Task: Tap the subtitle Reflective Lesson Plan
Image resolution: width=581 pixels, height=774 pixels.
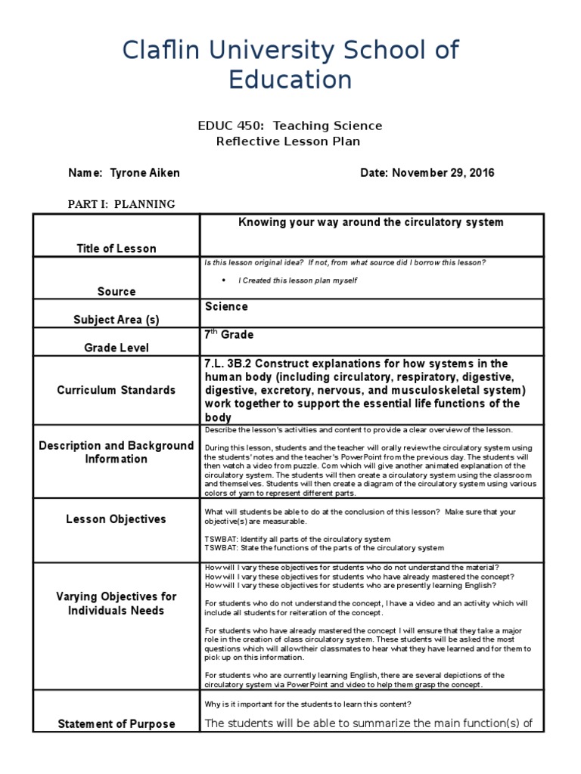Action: [x=289, y=141]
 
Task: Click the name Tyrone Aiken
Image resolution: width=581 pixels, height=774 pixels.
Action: [x=145, y=173]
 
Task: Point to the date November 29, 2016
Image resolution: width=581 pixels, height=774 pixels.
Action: [x=443, y=173]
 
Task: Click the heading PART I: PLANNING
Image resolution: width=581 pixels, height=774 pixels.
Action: [x=122, y=204]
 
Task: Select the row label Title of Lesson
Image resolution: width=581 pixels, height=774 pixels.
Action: [x=117, y=249]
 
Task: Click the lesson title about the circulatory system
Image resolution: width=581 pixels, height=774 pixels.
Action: [x=371, y=222]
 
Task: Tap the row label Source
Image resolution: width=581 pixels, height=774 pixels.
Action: [x=117, y=292]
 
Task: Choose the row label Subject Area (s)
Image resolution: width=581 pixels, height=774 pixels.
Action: [x=117, y=320]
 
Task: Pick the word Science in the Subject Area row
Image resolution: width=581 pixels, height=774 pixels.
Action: [x=226, y=307]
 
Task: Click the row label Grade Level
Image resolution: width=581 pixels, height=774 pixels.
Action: [x=117, y=348]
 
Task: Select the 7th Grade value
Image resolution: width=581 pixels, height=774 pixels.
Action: [x=228, y=335]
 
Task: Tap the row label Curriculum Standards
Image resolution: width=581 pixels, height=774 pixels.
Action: [x=117, y=390]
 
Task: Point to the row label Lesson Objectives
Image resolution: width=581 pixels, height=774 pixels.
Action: [x=116, y=519]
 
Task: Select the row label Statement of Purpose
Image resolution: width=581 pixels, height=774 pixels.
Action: [x=117, y=724]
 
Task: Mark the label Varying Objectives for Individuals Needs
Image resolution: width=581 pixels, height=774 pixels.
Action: [x=116, y=603]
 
